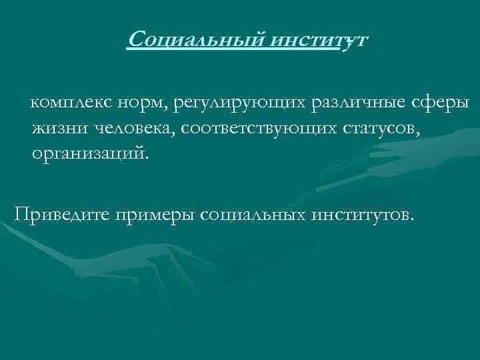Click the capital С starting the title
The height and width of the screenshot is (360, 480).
pos(135,40)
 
